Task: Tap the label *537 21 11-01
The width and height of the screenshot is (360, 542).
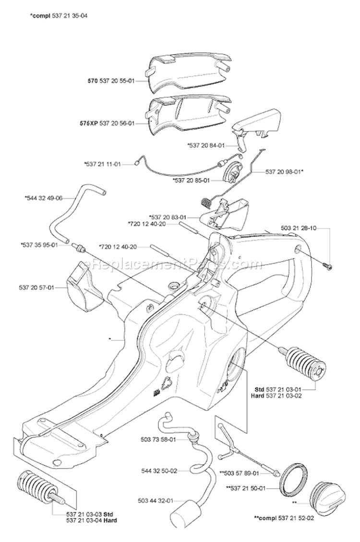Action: pyautogui.click(x=102, y=164)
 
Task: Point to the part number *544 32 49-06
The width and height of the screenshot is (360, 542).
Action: pyautogui.click(x=43, y=197)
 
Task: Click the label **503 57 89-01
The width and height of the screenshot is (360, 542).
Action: pyautogui.click(x=246, y=473)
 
